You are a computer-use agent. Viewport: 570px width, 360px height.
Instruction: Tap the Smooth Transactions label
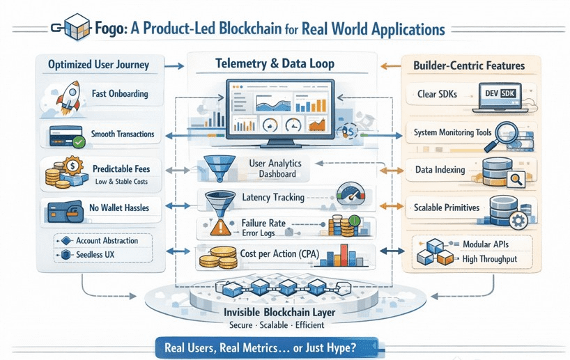pyautogui.click(x=122, y=133)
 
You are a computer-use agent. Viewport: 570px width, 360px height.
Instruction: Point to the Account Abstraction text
pyautogui.click(x=107, y=241)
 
